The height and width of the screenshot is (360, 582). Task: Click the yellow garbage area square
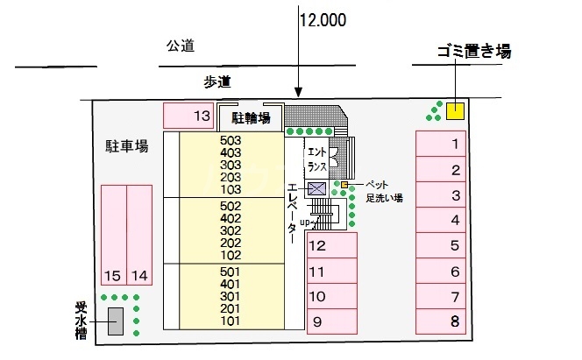[455, 110]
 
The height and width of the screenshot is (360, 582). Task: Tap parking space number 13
[188, 115]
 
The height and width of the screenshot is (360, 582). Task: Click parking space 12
[331, 246]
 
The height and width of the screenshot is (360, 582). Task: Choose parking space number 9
[331, 321]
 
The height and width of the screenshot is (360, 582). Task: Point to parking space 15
[113, 235]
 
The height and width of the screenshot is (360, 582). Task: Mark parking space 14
[139, 235]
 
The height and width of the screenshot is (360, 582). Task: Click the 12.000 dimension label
[323, 18]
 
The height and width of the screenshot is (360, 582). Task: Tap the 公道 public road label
[180, 46]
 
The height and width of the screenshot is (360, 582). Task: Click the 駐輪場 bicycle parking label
[250, 117]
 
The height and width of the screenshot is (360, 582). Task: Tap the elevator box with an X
[317, 187]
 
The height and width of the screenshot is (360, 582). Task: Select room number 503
[231, 139]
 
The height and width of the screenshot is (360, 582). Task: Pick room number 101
[231, 321]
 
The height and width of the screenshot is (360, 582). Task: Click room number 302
[231, 230]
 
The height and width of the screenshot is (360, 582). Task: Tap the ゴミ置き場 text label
[474, 52]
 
